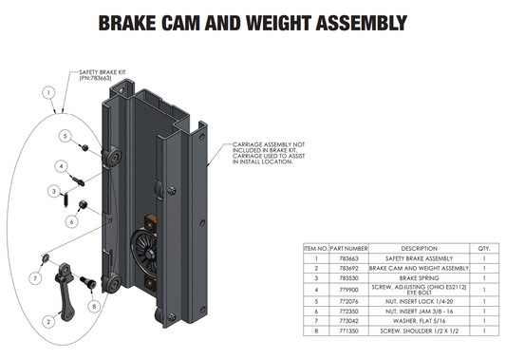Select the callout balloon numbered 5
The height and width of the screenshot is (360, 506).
(64, 136)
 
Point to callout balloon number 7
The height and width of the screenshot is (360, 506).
(33, 277)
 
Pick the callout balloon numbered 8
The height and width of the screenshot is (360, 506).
(94, 306)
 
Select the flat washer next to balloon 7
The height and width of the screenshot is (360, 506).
(45, 258)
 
